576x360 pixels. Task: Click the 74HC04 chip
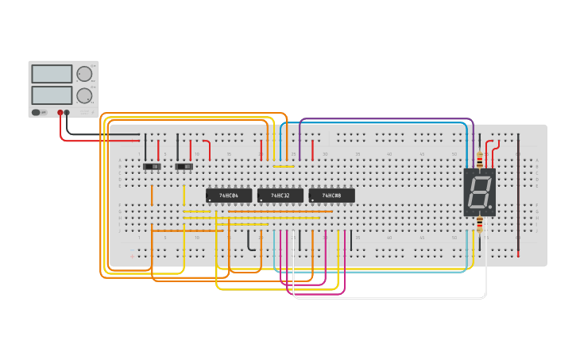point(229,195)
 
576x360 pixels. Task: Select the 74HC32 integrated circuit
point(280,195)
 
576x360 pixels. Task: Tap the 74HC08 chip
point(331,195)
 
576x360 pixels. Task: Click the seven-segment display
point(480,192)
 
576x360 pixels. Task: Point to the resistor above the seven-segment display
point(480,157)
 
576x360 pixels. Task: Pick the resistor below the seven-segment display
point(480,226)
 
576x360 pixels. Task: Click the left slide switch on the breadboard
point(151,167)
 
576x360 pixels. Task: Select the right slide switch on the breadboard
point(184,167)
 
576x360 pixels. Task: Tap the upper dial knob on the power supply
point(84,74)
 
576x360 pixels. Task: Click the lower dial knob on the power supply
point(84,95)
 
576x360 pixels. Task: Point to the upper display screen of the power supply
point(52,74)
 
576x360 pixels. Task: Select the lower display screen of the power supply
point(52,95)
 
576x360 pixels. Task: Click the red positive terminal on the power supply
point(60,113)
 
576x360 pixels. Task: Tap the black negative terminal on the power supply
point(68,113)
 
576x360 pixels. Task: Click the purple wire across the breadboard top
point(381,119)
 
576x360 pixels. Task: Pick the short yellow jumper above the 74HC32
point(284,166)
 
